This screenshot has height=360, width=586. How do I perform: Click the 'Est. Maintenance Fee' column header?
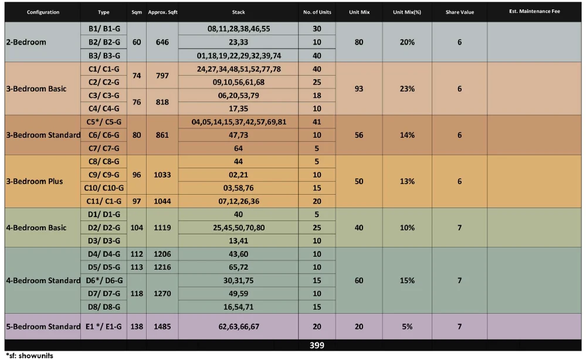coord(535,12)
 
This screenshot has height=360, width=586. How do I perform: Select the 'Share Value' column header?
coord(459,12)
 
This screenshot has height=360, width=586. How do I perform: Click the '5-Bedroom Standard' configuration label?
coord(43,327)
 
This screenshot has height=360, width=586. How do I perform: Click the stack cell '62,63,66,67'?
coord(239,327)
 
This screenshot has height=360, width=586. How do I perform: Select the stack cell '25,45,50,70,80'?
coord(239,227)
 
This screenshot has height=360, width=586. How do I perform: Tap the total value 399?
coord(317,346)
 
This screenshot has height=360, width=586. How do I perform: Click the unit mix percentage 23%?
coord(408,89)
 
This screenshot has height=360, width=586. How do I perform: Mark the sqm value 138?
coord(137,327)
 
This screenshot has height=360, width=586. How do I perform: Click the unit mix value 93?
coord(359,89)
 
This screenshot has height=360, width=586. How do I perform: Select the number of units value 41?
coord(317,122)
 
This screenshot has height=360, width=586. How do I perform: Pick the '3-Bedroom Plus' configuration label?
coord(35,181)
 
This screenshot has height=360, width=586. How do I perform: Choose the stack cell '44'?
coord(239,161)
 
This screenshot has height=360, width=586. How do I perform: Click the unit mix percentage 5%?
coord(408,327)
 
